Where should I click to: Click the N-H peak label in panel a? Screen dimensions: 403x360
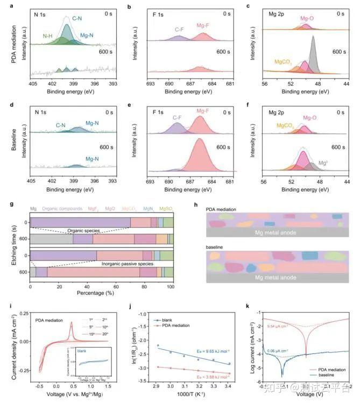[50, 36]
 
